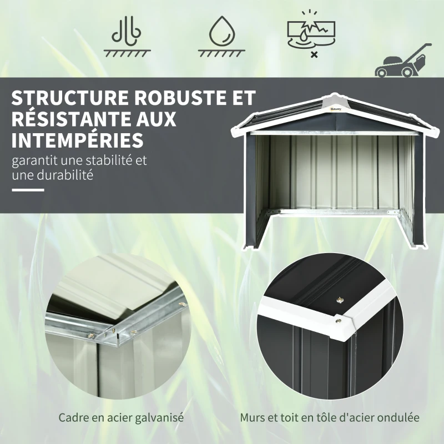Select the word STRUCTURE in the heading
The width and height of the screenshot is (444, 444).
pos(65,98)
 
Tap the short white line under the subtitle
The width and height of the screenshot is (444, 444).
pos(27,190)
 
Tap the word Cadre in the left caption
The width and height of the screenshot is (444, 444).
pos(72,417)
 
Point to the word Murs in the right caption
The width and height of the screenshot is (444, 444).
pos(251,417)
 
